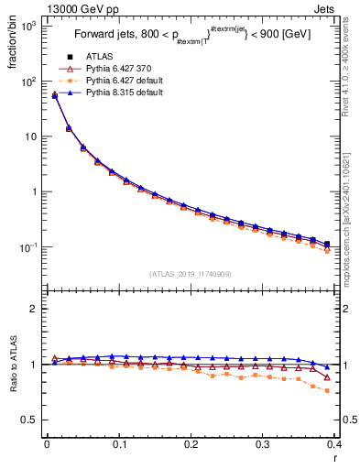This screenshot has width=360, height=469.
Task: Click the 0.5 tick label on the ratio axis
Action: tap(28, 420)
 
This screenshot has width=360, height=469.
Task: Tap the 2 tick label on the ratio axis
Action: tap(33, 309)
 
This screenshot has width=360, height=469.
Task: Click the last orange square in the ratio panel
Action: tap(327, 390)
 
